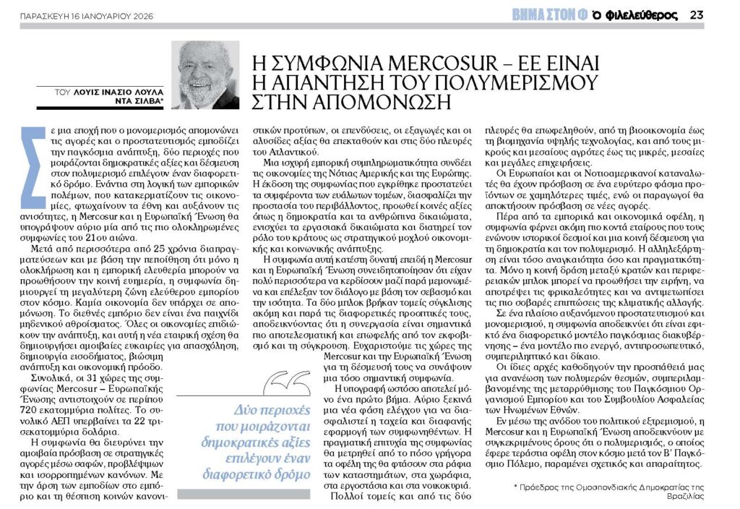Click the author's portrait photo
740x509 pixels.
(205, 74)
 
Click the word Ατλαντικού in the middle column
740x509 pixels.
(285, 151)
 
